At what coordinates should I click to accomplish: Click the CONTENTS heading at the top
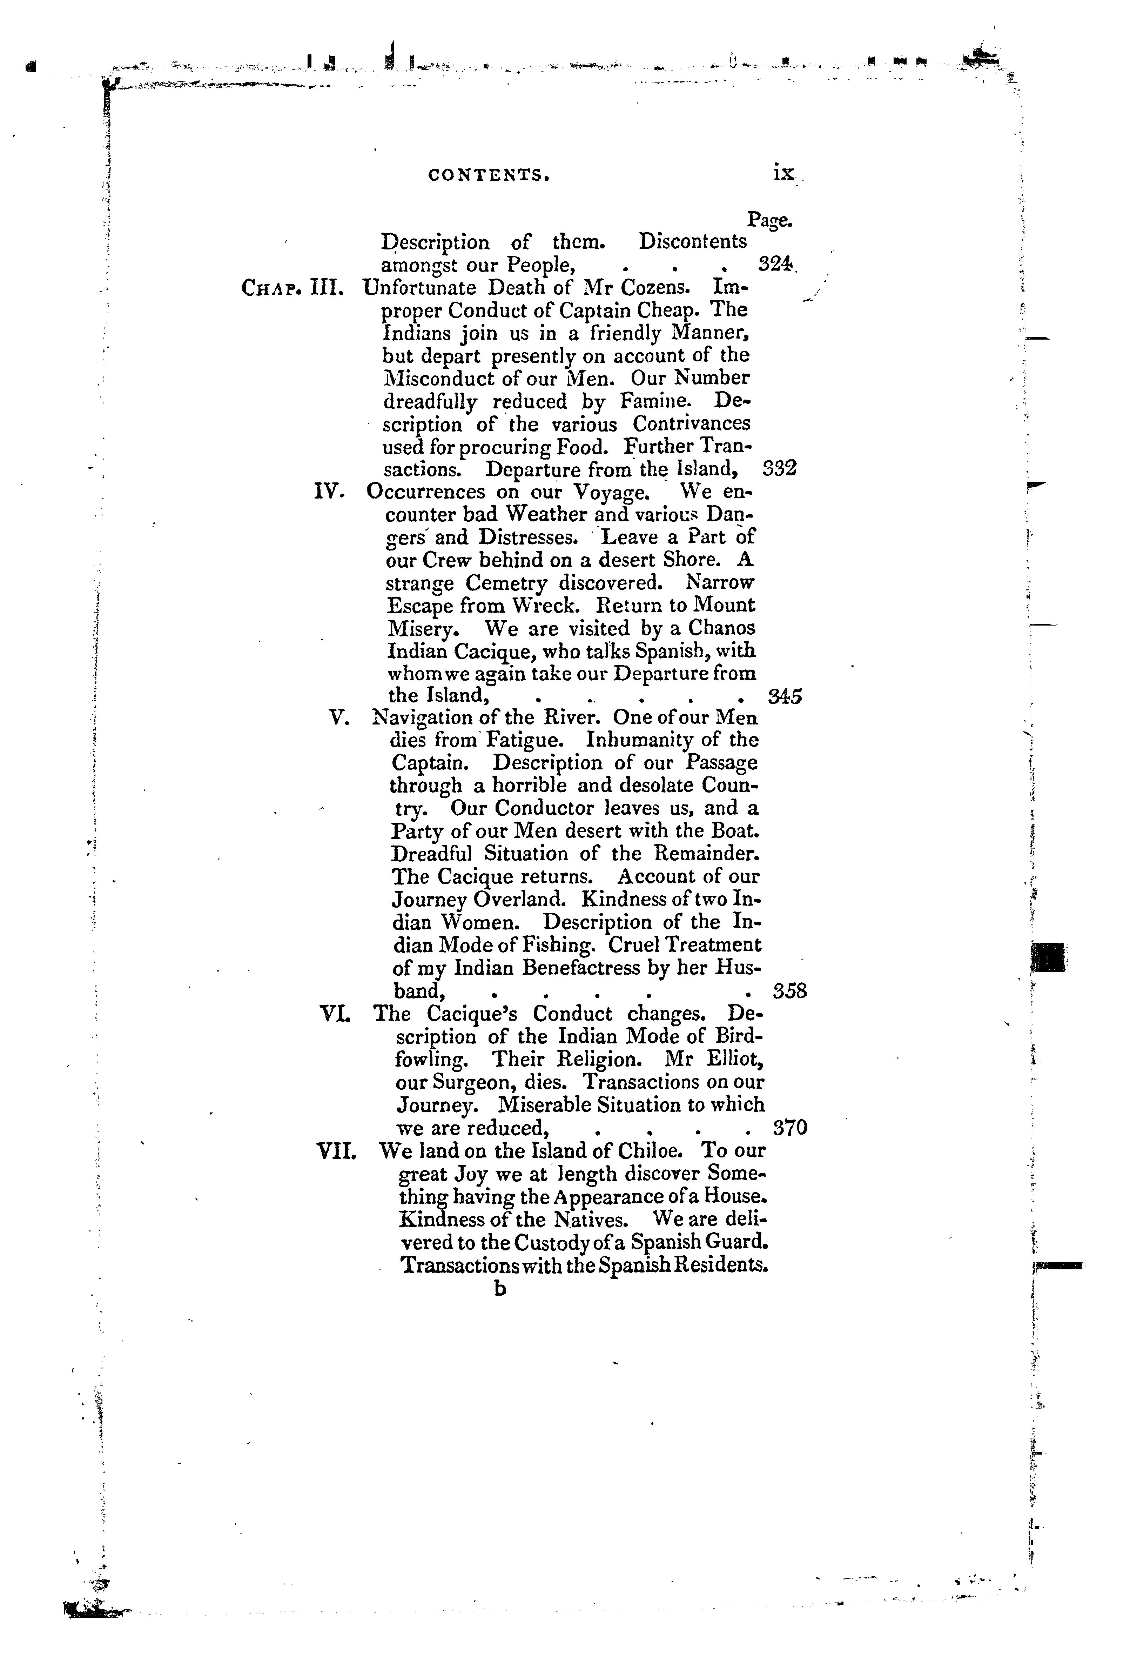[x=489, y=175]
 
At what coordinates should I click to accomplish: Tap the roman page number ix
[x=783, y=173]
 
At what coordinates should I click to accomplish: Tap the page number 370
[x=790, y=1128]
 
